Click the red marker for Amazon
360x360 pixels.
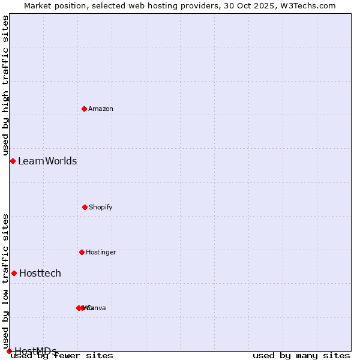(84, 109)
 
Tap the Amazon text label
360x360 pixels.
(101, 109)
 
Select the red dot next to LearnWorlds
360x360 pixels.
(13, 161)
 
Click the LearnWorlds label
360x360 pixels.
(47, 161)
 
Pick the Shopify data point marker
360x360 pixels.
(85, 207)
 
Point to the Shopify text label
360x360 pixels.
(101, 207)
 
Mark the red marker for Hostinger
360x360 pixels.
(82, 252)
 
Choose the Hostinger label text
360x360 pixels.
(101, 252)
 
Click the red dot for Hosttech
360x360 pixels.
(14, 273)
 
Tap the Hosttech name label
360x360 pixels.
(40, 273)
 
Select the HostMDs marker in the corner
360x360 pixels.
(9, 351)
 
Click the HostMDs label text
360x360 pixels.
(35, 351)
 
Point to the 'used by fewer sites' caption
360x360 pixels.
(62, 356)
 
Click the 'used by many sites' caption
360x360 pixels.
(301, 356)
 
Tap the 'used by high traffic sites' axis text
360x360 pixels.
(5, 86)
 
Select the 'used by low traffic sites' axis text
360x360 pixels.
(5, 281)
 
